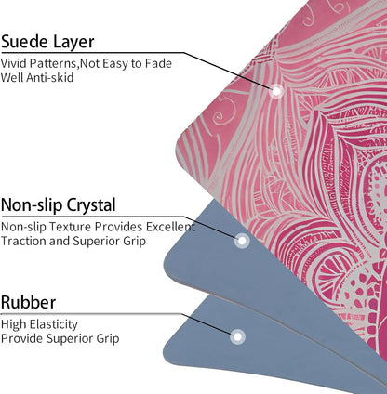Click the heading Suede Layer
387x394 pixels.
point(47,42)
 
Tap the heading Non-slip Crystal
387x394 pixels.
point(59,204)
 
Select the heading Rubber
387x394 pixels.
point(28,302)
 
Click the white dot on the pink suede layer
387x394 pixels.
point(276,91)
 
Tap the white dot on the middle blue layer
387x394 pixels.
point(242,241)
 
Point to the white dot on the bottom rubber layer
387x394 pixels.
point(237,336)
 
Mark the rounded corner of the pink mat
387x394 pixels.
point(180,146)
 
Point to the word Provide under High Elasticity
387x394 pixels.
point(21,338)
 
